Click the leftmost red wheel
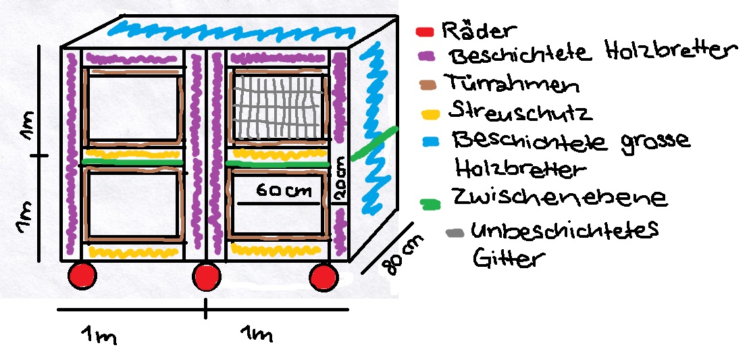pos(82,276)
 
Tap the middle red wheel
pos(207,277)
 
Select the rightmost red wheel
pos(324,278)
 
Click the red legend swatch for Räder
pos(424,32)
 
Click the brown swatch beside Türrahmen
pos(427,86)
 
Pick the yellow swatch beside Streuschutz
pos(430,115)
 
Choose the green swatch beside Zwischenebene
pos(430,204)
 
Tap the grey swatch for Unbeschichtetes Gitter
pos(455,234)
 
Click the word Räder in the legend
pos(479,30)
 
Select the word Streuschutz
pos(520,111)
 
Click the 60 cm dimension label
pos(284,191)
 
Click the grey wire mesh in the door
pos(280,106)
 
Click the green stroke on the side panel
pos(374,144)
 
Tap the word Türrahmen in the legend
pos(512,84)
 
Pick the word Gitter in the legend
pos(509,258)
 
